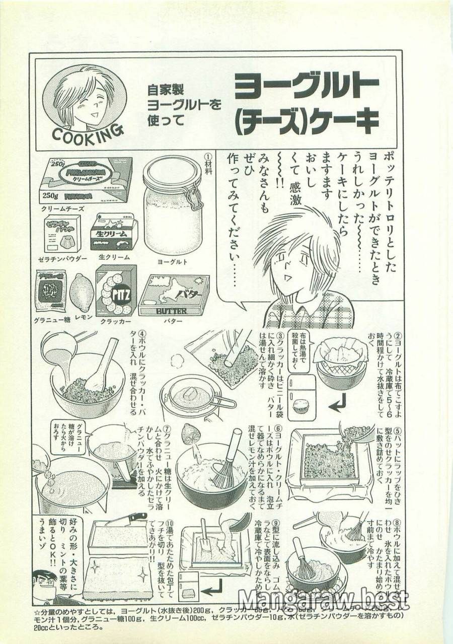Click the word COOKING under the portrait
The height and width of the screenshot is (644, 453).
[87, 134]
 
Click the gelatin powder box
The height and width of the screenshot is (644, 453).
[62, 234]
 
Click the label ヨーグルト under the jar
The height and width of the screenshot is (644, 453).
[173, 262]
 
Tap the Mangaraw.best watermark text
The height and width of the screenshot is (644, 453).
[323, 600]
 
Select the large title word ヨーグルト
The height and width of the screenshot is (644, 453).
[307, 89]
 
